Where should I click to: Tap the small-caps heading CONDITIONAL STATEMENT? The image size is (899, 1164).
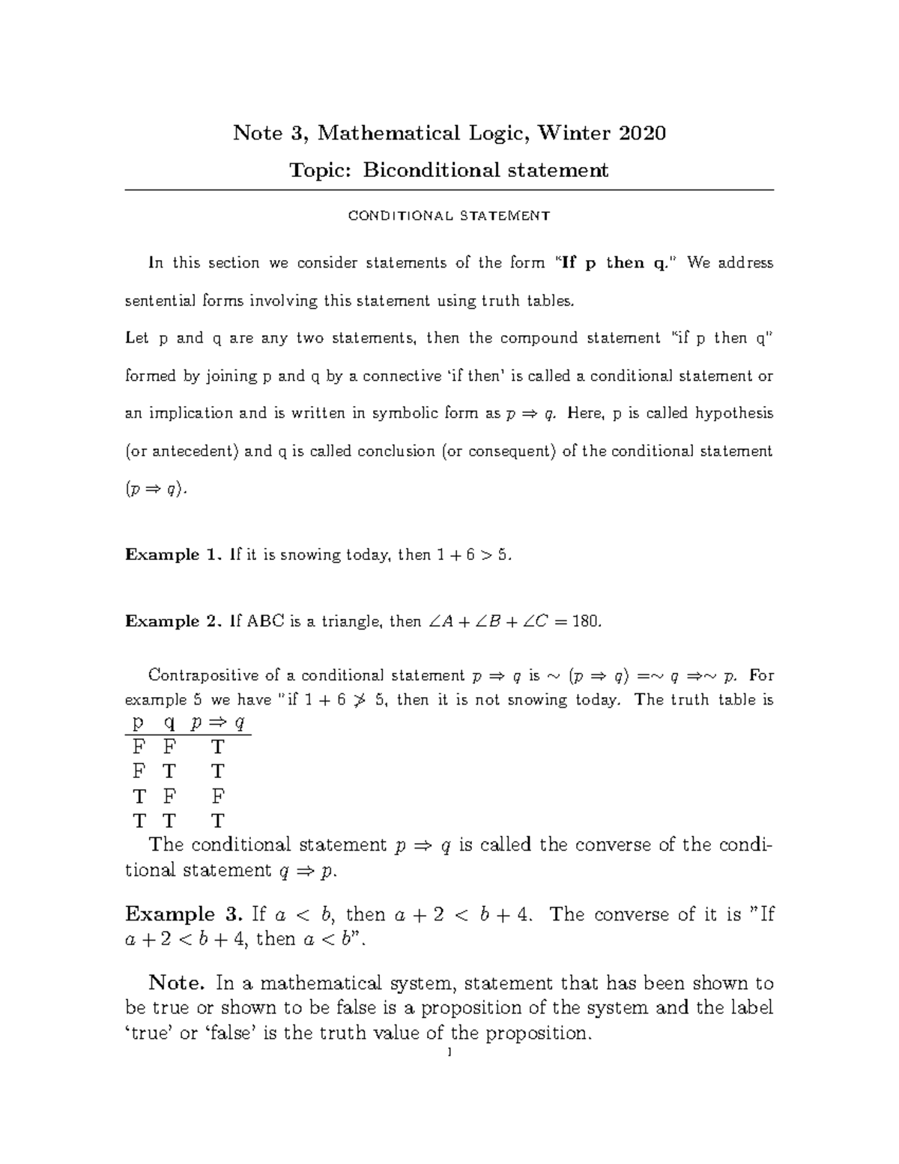coord(449,216)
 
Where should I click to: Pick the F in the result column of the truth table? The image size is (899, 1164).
coord(218,796)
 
